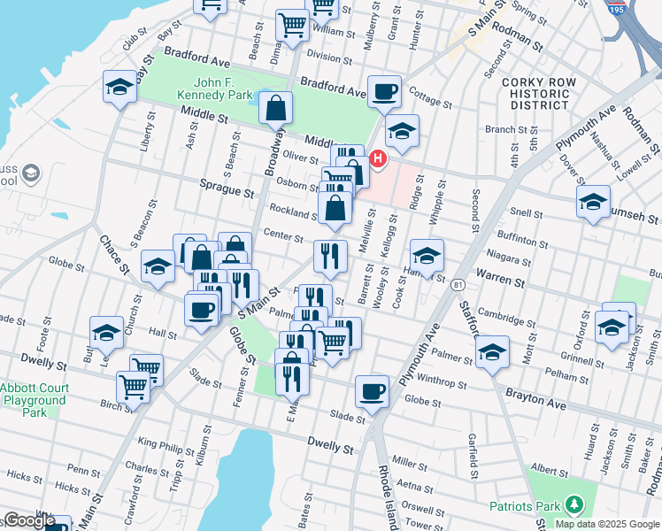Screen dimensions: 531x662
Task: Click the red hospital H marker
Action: [x=378, y=159]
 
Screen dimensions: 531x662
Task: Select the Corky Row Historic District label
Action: [x=539, y=93]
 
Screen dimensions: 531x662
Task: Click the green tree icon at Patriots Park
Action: [x=573, y=505]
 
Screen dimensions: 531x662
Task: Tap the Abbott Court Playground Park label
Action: [x=33, y=400]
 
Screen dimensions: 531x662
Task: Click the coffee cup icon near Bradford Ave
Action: [x=384, y=91]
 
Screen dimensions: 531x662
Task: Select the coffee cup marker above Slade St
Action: [x=373, y=391]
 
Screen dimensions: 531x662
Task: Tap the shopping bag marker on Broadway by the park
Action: [x=276, y=109]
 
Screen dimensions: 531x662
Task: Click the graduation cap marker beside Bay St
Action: [x=119, y=87]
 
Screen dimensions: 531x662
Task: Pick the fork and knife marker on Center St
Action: [x=330, y=257]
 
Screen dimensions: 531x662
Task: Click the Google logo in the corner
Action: [x=28, y=520]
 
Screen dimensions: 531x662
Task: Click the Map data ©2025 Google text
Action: [x=606, y=523]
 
